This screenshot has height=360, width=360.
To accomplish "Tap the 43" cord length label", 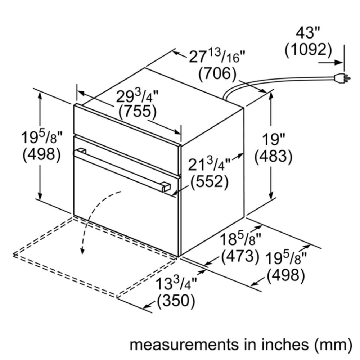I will [308, 33].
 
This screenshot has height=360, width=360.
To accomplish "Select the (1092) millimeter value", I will [308, 50].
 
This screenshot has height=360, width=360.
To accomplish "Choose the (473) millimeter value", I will [240, 256].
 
